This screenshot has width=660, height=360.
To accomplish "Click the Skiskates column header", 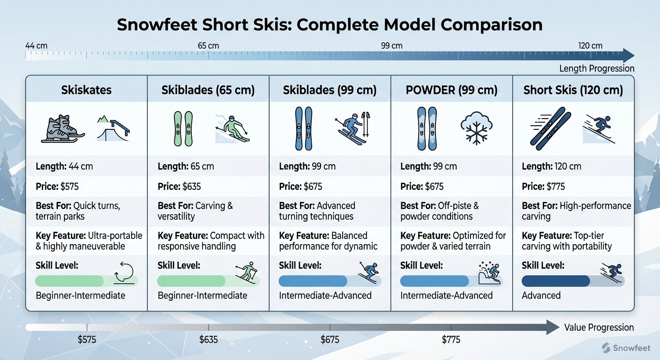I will click(x=86, y=90).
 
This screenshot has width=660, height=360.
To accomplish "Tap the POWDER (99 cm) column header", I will click(x=451, y=90).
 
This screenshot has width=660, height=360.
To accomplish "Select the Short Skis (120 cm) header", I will click(x=573, y=90).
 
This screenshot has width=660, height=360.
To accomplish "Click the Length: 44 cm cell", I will click(x=64, y=166).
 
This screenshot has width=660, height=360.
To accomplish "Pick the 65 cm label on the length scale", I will click(x=208, y=46).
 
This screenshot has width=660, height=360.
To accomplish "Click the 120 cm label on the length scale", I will click(x=590, y=46).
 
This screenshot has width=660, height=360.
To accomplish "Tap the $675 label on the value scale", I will click(x=330, y=339).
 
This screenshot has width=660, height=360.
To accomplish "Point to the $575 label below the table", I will click(x=87, y=339).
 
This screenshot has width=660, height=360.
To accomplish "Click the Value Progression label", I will click(x=599, y=328).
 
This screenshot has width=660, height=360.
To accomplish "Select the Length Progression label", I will click(x=596, y=69).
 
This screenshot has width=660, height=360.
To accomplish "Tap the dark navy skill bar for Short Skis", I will click(x=555, y=281).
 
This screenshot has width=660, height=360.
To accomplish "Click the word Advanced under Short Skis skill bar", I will click(x=541, y=295).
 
